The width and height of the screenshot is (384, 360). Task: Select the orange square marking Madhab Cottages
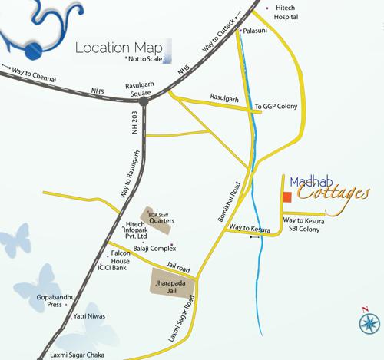286,197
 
